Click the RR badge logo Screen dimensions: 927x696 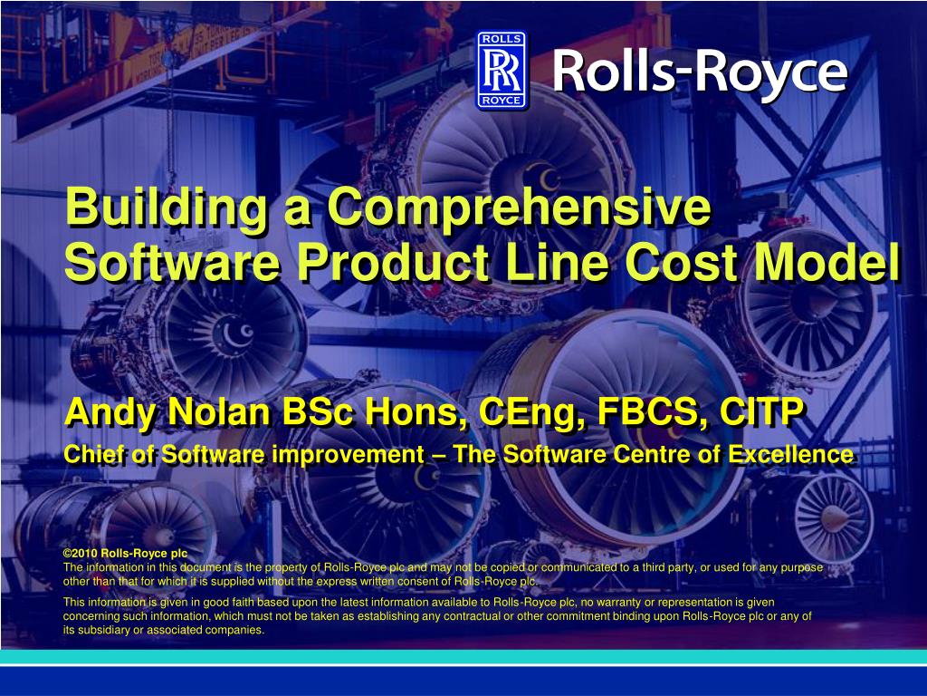click(502, 70)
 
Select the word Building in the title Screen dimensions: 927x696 click(167, 208)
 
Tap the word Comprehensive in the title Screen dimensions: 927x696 click(519, 208)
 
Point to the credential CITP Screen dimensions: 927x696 click(761, 412)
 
